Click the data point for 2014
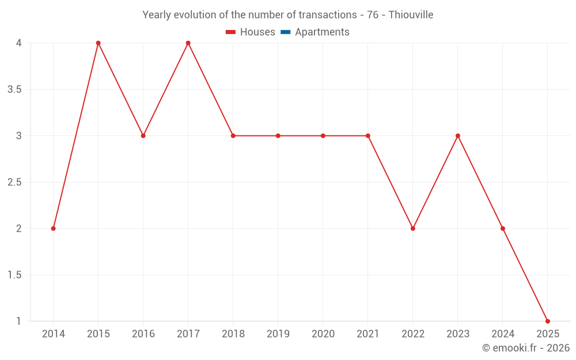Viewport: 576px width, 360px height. click(x=54, y=229)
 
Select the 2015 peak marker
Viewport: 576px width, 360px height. click(x=98, y=43)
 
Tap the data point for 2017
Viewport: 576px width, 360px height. click(x=188, y=43)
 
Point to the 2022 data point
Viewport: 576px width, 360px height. click(x=413, y=229)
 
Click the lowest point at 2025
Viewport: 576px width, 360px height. click(x=548, y=321)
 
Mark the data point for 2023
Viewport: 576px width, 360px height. click(x=458, y=136)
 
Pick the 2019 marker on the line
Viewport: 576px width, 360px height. click(x=278, y=136)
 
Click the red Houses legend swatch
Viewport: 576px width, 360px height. click(x=231, y=32)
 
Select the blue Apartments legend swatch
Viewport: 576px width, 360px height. click(x=286, y=32)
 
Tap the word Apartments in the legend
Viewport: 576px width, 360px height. click(x=322, y=32)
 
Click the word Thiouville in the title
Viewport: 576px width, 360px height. click(x=411, y=15)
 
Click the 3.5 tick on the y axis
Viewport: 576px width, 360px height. click(x=15, y=90)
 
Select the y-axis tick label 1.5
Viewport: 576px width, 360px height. click(x=15, y=275)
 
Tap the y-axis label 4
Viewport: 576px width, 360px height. click(x=19, y=43)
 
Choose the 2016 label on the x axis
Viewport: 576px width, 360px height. click(x=143, y=334)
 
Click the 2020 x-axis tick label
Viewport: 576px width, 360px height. click(x=323, y=334)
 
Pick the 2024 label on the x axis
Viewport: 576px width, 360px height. click(x=503, y=334)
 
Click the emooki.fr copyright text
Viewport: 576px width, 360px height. click(x=526, y=348)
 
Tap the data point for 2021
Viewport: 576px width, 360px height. click(x=368, y=136)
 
